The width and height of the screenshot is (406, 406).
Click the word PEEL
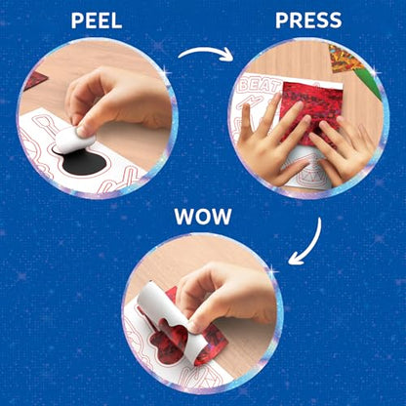97,21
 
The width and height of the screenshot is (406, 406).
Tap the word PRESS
308,20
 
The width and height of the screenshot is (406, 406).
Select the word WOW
203,217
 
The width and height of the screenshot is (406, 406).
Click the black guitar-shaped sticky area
84,161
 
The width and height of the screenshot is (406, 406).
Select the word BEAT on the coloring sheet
261,86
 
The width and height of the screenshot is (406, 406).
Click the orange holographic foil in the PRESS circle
345,60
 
